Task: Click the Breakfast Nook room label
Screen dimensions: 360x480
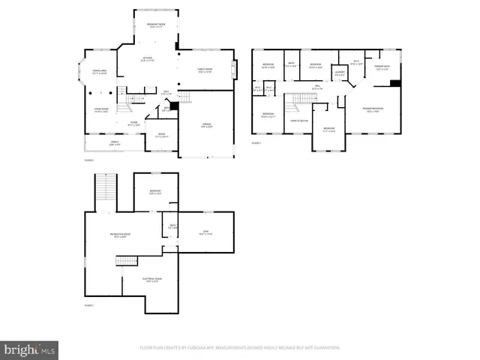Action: point(156,25)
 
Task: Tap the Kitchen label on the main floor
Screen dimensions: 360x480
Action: point(148,58)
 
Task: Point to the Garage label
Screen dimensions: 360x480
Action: point(205,126)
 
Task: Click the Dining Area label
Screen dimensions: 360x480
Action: point(99,72)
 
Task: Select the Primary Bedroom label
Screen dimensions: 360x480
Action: point(373,110)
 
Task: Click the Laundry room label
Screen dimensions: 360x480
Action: point(340,73)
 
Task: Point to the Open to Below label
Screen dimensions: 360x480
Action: point(299,121)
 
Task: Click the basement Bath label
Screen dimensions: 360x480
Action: point(172,226)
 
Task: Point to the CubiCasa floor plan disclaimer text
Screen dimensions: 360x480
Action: point(240,348)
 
